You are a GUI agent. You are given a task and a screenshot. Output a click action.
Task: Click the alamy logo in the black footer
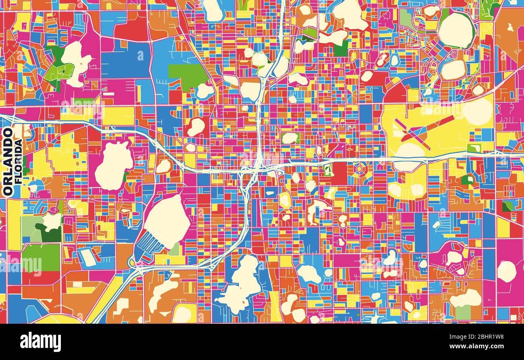40,342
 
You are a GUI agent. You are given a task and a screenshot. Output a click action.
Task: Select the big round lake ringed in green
455,30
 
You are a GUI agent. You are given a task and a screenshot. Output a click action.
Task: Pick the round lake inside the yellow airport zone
477,112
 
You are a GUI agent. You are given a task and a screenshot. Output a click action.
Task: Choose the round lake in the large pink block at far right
506,271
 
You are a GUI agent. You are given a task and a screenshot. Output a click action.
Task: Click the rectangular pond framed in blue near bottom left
88,258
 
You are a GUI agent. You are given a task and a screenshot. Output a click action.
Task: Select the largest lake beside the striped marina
166,221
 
